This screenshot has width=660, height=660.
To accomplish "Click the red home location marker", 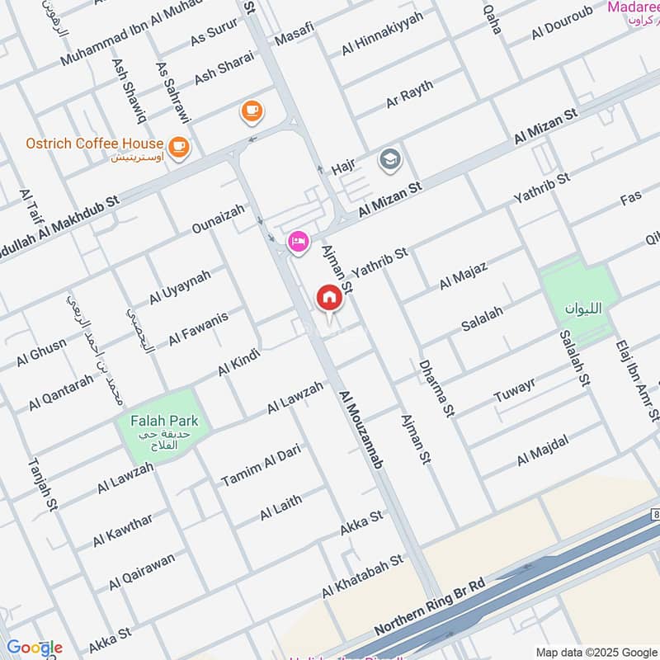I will (x=329, y=299).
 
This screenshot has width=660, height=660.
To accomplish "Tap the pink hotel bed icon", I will (x=298, y=242).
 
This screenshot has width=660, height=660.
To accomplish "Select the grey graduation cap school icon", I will (x=389, y=160).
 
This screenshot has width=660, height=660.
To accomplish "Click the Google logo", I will (x=34, y=648).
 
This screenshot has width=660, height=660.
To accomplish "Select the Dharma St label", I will (x=436, y=387).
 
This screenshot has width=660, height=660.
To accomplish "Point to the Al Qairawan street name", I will (x=141, y=572).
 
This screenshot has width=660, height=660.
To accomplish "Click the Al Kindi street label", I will (x=239, y=363).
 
